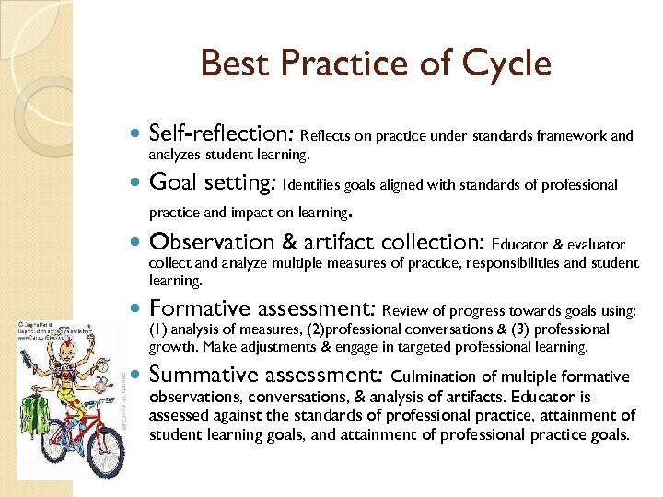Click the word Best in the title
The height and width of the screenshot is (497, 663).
pos(232,64)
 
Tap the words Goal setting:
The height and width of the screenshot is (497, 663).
pos(212,183)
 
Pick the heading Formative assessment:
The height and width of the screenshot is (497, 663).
pos(262,308)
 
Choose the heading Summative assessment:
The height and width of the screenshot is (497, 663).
pos(266,375)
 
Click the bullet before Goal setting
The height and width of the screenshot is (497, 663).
pos(136,184)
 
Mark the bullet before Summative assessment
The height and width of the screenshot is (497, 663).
pos(136,376)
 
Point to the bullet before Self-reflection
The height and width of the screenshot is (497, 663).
pos(136,135)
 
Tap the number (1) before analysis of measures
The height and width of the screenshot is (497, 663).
pos(158,329)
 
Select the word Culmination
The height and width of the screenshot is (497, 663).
pos(435,376)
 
